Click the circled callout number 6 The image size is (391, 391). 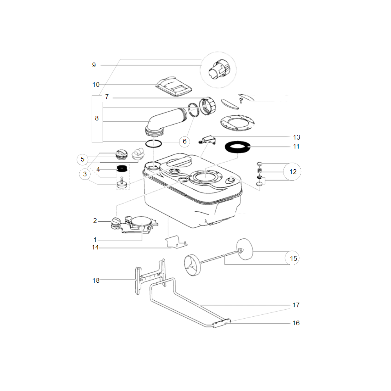[185, 142]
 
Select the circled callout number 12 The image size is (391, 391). [292, 172]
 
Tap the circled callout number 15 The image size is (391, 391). [292, 258]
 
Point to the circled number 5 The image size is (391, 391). [82, 160]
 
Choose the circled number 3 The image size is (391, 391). [85, 174]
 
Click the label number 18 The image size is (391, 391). [96, 280]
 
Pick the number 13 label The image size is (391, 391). [296, 137]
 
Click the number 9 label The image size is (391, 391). [94, 65]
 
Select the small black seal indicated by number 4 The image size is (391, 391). [122, 169]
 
